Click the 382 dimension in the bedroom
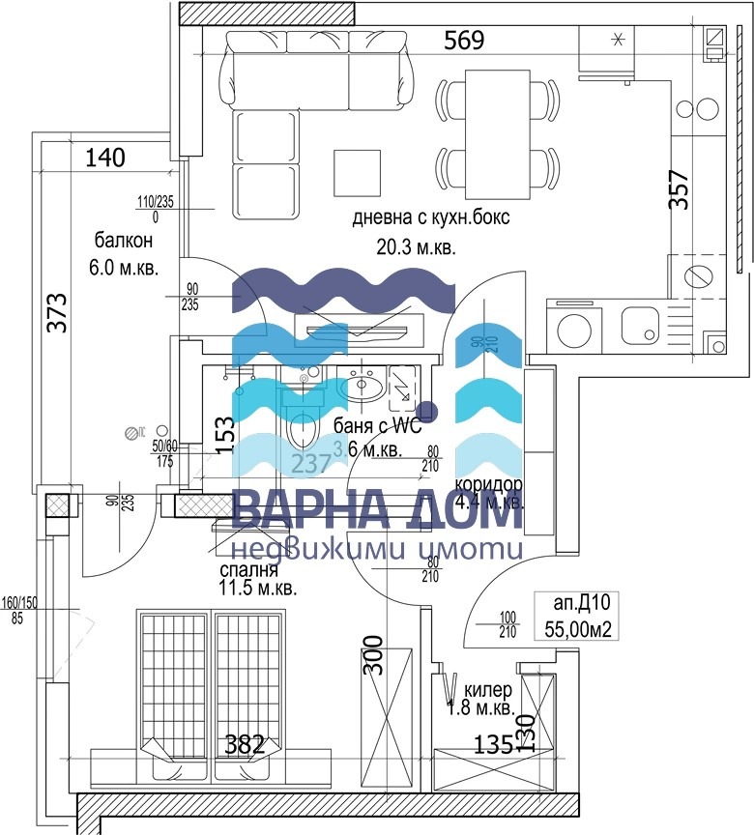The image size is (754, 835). coord(245,744)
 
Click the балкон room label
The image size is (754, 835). coord(123,239)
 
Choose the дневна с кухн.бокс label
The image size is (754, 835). coord(417,218)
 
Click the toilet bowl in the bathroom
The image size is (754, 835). coord(304,426)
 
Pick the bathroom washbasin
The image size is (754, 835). coord(363,389)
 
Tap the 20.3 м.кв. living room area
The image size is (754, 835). coord(416,247)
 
